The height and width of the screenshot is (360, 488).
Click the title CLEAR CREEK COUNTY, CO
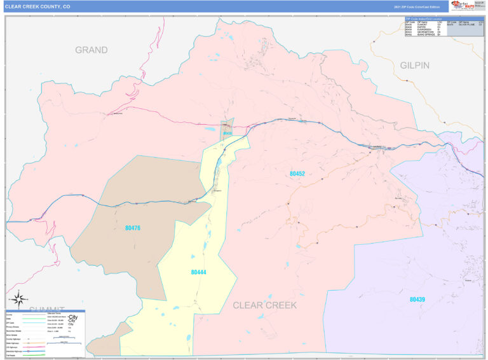coord(37,6)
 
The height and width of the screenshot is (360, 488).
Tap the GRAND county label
coord(91,50)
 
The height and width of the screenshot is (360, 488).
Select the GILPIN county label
coord(415,66)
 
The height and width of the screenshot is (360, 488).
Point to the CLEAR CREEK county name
coord(264,305)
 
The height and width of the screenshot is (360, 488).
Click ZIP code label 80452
coord(297,173)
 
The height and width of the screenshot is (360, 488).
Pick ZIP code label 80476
coord(133,228)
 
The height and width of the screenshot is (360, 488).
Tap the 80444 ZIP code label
coord(199,272)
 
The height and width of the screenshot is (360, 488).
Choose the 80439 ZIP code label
coord(417,299)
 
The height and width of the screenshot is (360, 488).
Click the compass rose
coord(18,298)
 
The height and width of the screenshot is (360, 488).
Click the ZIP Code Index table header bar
coord(444,19)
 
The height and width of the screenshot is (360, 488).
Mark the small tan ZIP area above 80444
coord(227,128)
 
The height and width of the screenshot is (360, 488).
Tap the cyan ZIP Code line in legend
coord(35,323)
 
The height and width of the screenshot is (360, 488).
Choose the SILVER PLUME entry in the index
coord(467,25)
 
